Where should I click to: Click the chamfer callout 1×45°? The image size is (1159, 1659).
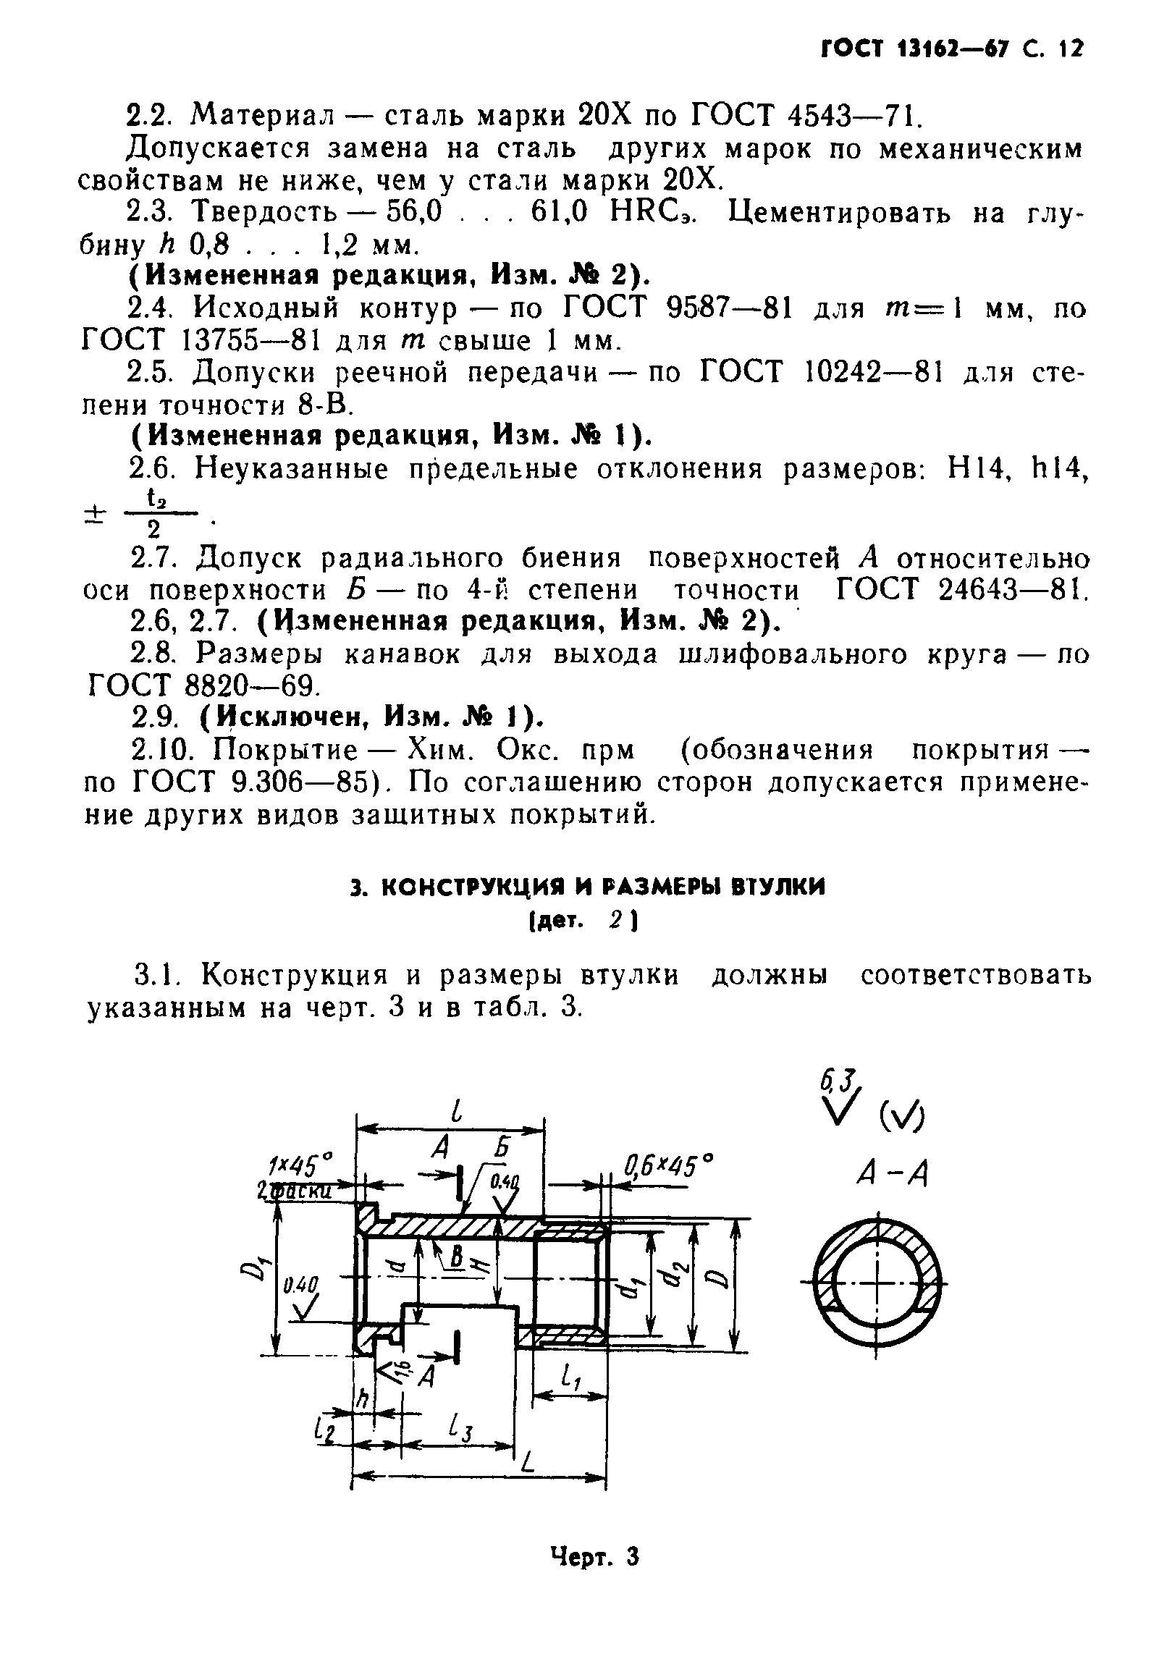pos(299,1166)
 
